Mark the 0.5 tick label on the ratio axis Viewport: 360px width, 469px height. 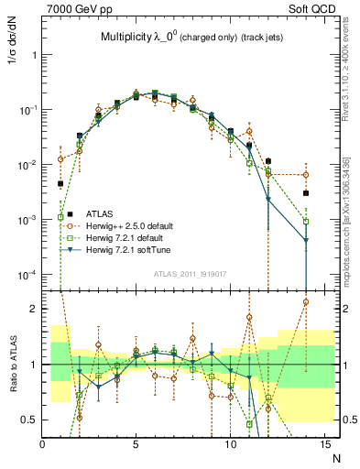pos(29,420)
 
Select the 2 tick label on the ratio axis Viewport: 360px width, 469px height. pos(33,309)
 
